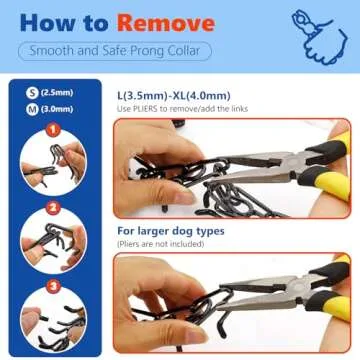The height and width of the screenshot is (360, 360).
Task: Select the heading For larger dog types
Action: tap(169, 230)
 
